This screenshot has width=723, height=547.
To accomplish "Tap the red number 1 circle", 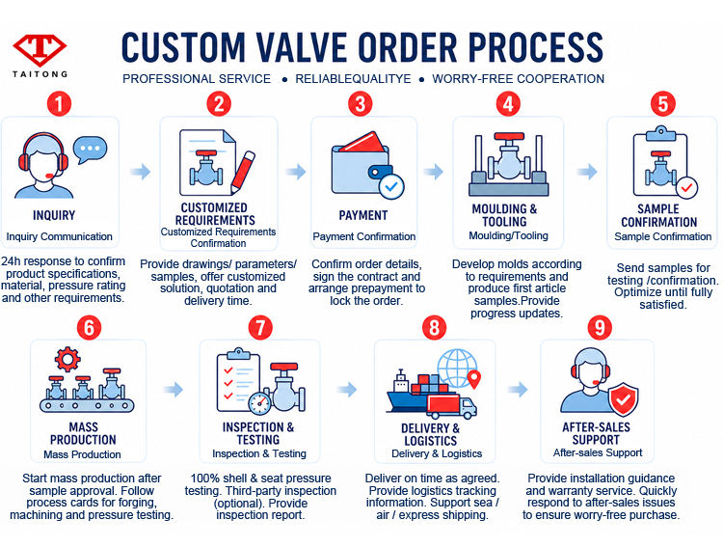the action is pyautogui.click(x=59, y=103).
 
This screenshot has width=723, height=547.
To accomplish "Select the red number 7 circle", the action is pyautogui.click(x=260, y=328).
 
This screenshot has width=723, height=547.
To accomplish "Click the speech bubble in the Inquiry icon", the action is pyautogui.click(x=90, y=150).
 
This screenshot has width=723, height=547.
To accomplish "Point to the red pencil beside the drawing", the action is pyautogui.click(x=243, y=172).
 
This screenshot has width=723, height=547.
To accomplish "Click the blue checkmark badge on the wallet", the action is pyautogui.click(x=391, y=186).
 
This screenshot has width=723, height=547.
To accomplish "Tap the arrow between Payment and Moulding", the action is pyautogui.click(x=434, y=172).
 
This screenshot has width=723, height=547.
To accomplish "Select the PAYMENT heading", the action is pyautogui.click(x=363, y=215).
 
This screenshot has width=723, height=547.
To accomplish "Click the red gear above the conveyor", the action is pyautogui.click(x=67, y=359).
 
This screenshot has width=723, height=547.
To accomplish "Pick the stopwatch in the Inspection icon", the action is pyautogui.click(x=259, y=403).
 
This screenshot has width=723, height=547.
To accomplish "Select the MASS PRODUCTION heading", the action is pyautogui.click(x=83, y=433).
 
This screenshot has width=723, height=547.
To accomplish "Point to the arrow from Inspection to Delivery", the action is pyautogui.click(x=347, y=389).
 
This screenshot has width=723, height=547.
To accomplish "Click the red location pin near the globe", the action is pyautogui.click(x=474, y=379).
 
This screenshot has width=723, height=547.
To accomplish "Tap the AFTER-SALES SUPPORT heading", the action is pyautogui.click(x=596, y=433).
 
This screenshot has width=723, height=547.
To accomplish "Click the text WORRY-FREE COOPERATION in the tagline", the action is pyautogui.click(x=519, y=79).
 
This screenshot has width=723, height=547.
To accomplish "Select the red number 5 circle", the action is pyautogui.click(x=663, y=103).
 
